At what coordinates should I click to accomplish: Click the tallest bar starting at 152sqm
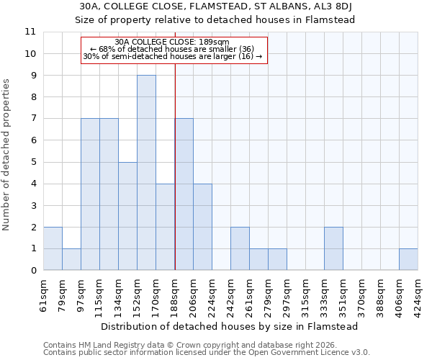(146, 173)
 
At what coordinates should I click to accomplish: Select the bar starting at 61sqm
(53, 248)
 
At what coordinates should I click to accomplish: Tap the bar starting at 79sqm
(71, 259)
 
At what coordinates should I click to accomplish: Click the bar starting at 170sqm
(165, 227)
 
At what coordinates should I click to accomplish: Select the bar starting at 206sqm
(202, 227)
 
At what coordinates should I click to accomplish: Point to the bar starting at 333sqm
(333, 248)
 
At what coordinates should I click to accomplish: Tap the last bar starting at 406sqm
(408, 259)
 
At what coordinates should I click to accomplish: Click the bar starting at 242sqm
(240, 248)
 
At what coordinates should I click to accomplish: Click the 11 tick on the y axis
(30, 32)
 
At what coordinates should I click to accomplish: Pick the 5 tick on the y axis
(33, 162)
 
